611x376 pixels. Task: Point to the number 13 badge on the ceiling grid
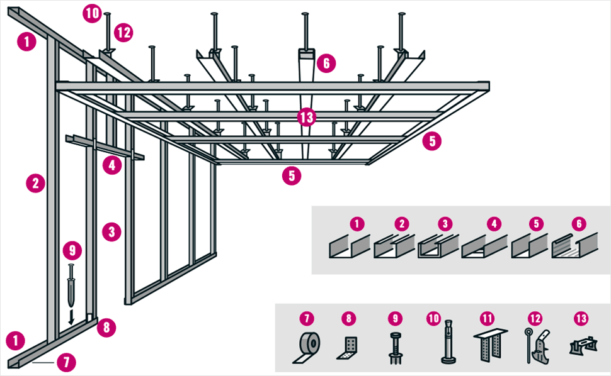(x=307, y=118)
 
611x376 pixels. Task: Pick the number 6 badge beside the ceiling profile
(x=326, y=63)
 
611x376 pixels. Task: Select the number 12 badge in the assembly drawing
(x=124, y=31)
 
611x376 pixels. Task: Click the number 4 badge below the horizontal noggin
(x=112, y=166)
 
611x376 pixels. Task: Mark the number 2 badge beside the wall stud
(x=35, y=184)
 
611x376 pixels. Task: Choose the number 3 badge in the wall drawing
(x=111, y=231)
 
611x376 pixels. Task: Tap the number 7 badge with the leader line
(x=66, y=362)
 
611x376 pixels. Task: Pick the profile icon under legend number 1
(x=348, y=247)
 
